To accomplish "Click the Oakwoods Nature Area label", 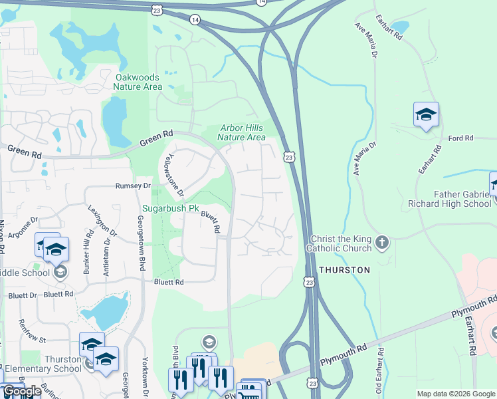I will coord(138,82).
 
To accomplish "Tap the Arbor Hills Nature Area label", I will coord(242,133).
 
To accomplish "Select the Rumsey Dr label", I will coord(134,186).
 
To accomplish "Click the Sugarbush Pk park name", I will coord(171,208).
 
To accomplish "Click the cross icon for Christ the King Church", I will coord(381,242).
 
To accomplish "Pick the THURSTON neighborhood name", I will coord(344,270).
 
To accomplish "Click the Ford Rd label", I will coord(460,138).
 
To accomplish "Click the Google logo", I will coord(21,391).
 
